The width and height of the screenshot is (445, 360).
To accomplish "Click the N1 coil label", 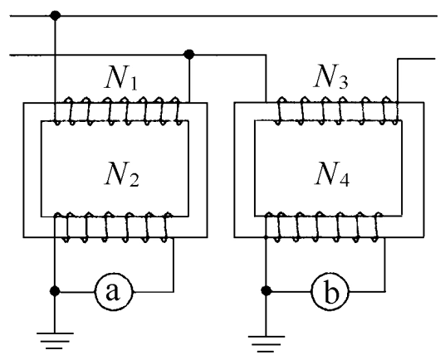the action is tap(121, 77).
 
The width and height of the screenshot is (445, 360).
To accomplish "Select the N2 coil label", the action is tap(122, 173).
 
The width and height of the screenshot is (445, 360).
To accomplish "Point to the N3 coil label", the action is tap(331, 76).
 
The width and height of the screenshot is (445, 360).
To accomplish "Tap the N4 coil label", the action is tap(332, 173).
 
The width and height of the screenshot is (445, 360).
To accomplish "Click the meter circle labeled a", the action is tap(114, 291).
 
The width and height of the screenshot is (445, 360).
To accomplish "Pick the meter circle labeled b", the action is tap(330, 291).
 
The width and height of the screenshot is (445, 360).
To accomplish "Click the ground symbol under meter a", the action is tap(55, 341).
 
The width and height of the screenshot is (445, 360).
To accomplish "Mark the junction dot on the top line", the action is tap(55, 15).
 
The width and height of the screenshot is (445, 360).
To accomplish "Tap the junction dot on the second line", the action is tap(189, 54).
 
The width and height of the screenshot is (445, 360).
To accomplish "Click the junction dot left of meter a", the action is tap(55, 291).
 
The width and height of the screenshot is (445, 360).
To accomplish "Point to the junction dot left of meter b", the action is tap(266, 290).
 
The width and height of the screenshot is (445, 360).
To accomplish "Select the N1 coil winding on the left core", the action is tap(119, 111).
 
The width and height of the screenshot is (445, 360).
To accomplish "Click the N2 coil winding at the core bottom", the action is tap(114, 226).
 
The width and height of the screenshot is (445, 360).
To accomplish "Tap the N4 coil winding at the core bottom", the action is tap(324, 226).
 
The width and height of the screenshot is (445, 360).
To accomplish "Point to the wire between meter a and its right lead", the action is tap(154, 291).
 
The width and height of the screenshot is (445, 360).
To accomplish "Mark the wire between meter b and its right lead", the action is tap(367, 291).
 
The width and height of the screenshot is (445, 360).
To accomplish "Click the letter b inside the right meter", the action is tap(330, 292).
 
